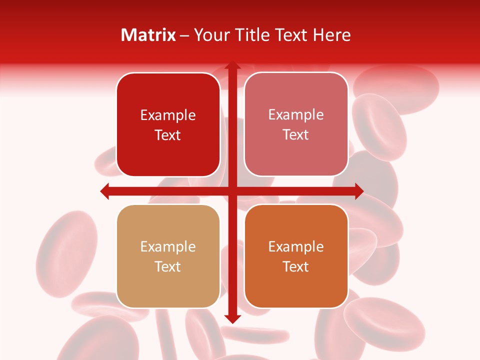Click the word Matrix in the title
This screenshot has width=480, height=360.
pos(148,35)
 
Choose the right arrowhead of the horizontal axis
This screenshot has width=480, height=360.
pos(358,191)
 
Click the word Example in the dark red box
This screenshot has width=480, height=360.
pos(168,115)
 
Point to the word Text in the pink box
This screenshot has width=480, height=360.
pos(296,135)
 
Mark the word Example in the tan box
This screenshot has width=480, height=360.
pos(168,247)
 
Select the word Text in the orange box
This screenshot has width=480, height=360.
pos(296,266)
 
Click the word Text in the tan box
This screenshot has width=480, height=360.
pos(168,266)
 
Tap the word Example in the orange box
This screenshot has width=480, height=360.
pos(296,247)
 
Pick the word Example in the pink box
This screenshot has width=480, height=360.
pos(296,115)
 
